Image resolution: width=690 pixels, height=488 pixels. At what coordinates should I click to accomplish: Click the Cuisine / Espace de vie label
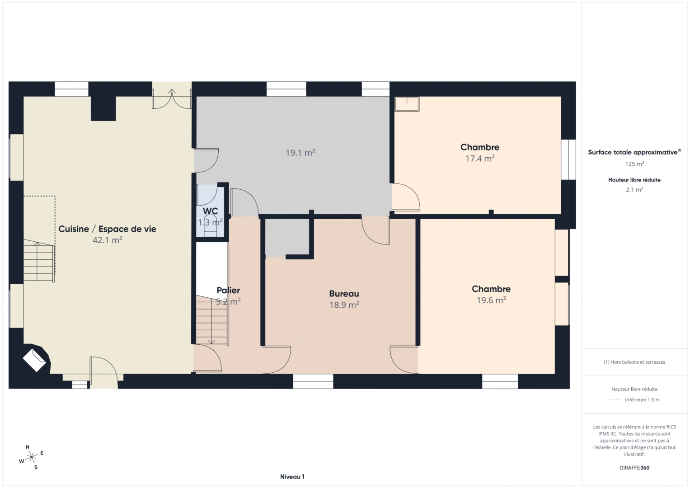click(x=107, y=229)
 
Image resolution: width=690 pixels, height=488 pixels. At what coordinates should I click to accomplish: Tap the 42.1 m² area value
click(x=107, y=240)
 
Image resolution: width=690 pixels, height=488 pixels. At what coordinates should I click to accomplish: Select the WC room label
click(x=210, y=211)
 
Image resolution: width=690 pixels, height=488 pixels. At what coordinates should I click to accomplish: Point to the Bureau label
click(x=344, y=294)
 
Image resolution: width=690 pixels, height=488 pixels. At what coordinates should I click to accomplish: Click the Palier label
click(x=228, y=291)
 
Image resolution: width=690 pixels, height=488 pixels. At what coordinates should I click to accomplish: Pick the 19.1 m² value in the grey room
click(x=300, y=153)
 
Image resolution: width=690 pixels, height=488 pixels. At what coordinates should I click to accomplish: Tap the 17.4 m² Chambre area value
click(x=480, y=159)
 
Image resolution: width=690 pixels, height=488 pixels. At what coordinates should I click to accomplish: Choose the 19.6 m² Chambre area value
click(x=491, y=300)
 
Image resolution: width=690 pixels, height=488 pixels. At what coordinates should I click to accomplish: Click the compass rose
click(x=32, y=457)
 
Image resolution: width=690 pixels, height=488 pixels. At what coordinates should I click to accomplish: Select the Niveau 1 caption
click(x=292, y=477)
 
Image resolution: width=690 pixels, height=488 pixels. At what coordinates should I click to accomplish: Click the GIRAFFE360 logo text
click(x=634, y=468)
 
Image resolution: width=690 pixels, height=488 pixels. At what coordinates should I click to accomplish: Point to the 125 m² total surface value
click(x=634, y=164)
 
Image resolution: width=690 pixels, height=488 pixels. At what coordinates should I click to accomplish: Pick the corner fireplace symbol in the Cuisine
click(x=35, y=359)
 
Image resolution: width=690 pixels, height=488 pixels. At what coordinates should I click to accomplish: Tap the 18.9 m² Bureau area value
click(x=344, y=305)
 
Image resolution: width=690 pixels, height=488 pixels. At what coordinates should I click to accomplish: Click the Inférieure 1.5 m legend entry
click(x=642, y=400)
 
